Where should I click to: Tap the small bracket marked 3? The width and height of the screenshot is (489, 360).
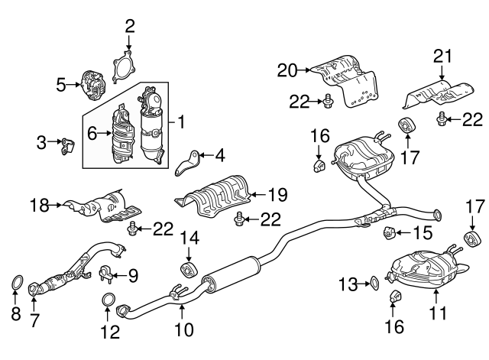[66, 143]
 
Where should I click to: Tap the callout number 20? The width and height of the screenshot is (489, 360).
[287, 71]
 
